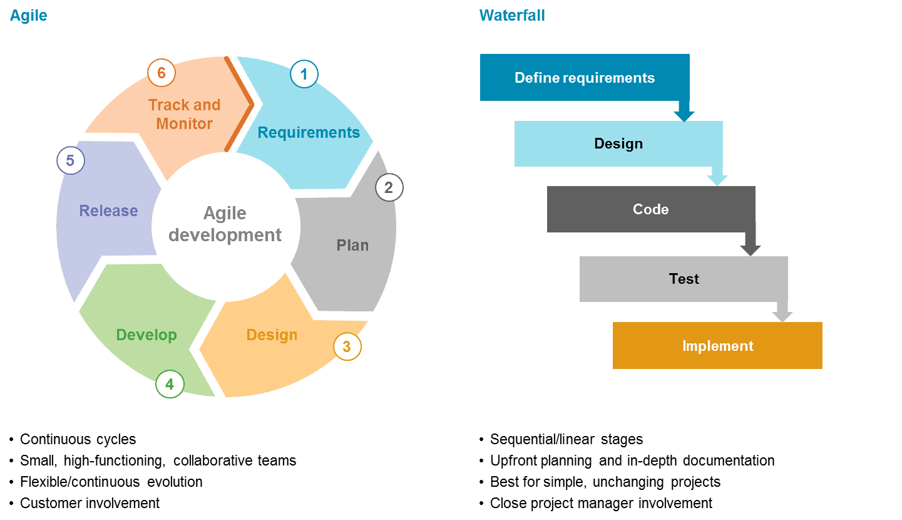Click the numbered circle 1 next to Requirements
pos(304,75)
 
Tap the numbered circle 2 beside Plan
pos(389,187)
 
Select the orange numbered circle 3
pos(347,346)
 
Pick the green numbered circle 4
pos(170,383)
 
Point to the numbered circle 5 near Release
pos(70,160)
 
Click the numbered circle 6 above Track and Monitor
pos(161,73)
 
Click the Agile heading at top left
pos(28,16)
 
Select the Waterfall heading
pos(511,16)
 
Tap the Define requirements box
pos(584,78)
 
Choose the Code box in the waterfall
pos(650,209)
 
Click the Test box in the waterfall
pos(684,279)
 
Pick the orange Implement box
pos(717,346)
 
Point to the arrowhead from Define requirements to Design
pos(684,116)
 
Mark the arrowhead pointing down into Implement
pos(782,316)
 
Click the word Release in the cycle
pos(108,211)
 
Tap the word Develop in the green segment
pos(146,335)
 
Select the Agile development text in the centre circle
pos(225,224)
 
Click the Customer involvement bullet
pos(90,503)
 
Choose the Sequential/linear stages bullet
pos(566,439)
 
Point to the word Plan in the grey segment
pos(352,245)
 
